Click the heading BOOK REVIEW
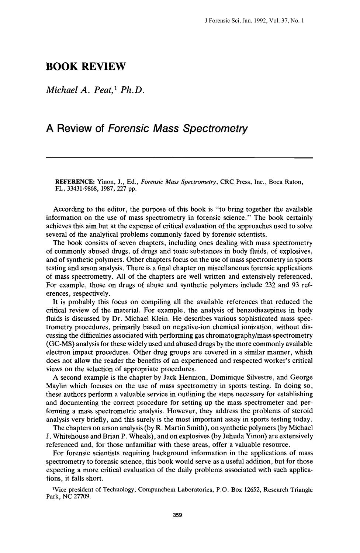click(x=86, y=67)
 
